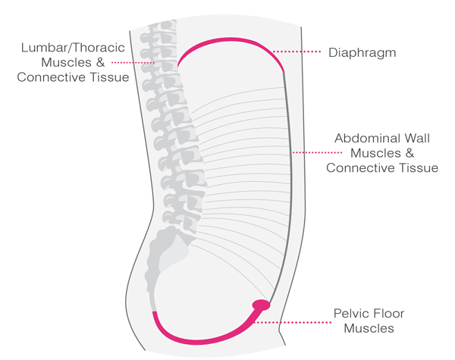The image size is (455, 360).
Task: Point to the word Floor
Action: tap(389, 313)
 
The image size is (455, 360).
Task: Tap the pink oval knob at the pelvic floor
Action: tap(261, 305)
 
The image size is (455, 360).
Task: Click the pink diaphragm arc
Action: tap(227, 41)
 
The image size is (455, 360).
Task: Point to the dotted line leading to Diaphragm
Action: tap(300, 52)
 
